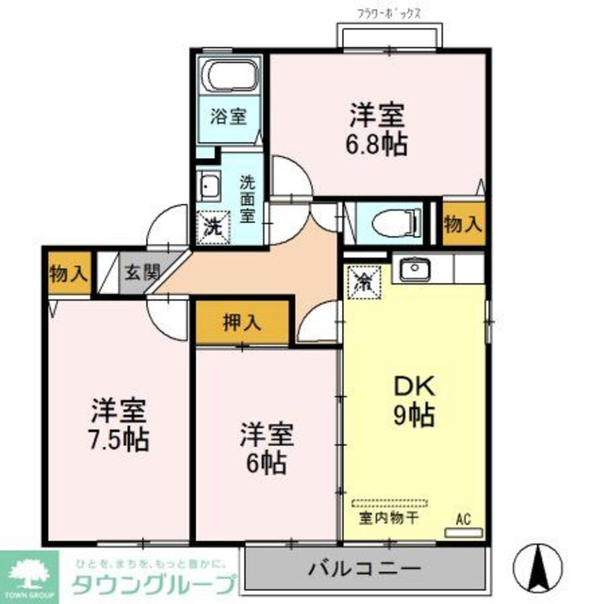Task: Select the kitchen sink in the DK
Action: coord(414,268)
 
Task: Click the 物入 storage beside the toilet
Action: coord(463,224)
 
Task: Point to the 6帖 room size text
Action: coord(266,462)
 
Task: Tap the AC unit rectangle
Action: coord(464,532)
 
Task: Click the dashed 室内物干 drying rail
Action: coord(390,503)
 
